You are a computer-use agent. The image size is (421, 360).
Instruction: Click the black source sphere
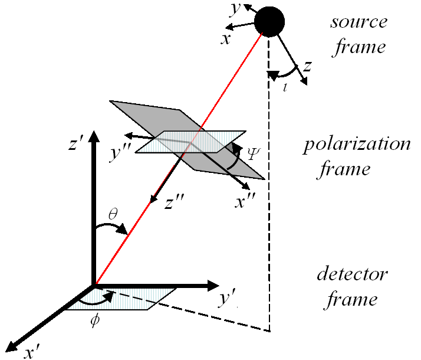269,22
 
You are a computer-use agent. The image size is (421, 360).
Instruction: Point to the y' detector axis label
228,300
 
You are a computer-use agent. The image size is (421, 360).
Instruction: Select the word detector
352,274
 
